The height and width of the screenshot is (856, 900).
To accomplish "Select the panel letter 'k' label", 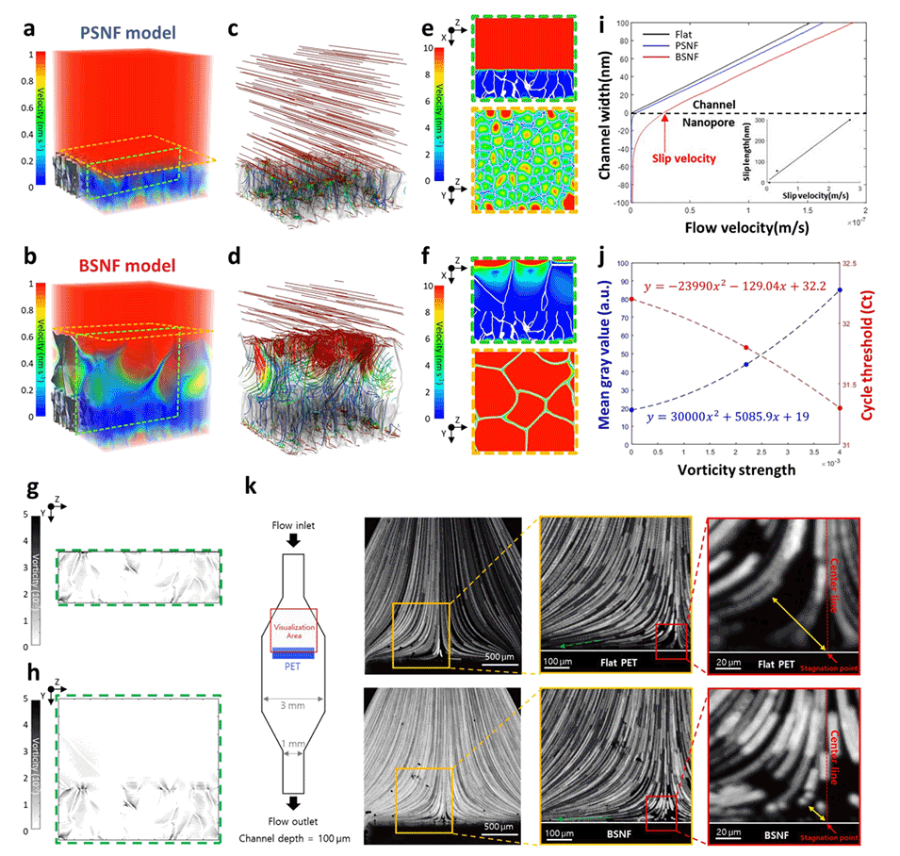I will pos(252,487).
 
